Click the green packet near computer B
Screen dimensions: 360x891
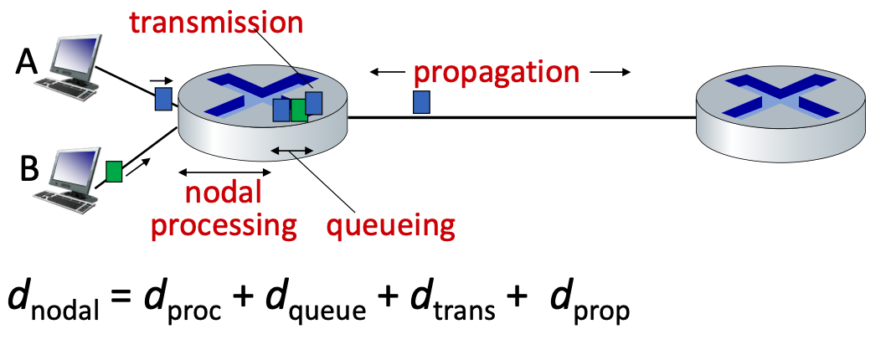coord(114,172)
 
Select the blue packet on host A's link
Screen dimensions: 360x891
coord(162,100)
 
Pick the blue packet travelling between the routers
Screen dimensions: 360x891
coord(421,102)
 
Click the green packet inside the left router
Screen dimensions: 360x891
coord(299,111)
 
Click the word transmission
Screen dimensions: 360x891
coord(217,22)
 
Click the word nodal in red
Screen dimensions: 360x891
coord(224,193)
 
